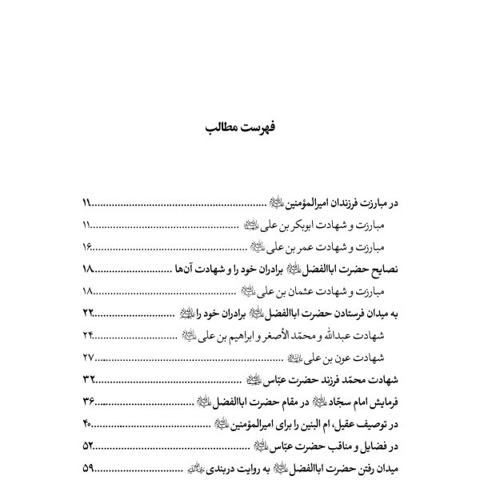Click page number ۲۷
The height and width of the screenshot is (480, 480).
[x=88, y=358]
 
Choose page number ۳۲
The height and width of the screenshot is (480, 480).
[x=88, y=380]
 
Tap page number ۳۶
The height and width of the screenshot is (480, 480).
[x=88, y=402]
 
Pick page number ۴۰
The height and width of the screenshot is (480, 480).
[x=88, y=424]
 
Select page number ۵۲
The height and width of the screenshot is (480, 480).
[x=88, y=446]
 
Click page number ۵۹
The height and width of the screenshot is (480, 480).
[x=88, y=469]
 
